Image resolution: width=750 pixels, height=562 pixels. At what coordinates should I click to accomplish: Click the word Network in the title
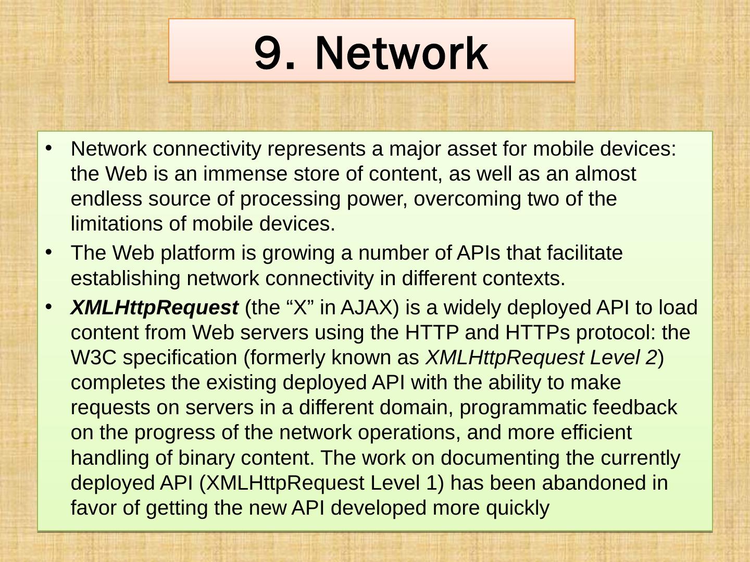coord(402,54)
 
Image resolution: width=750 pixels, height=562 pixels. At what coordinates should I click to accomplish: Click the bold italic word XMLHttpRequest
coord(154,308)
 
